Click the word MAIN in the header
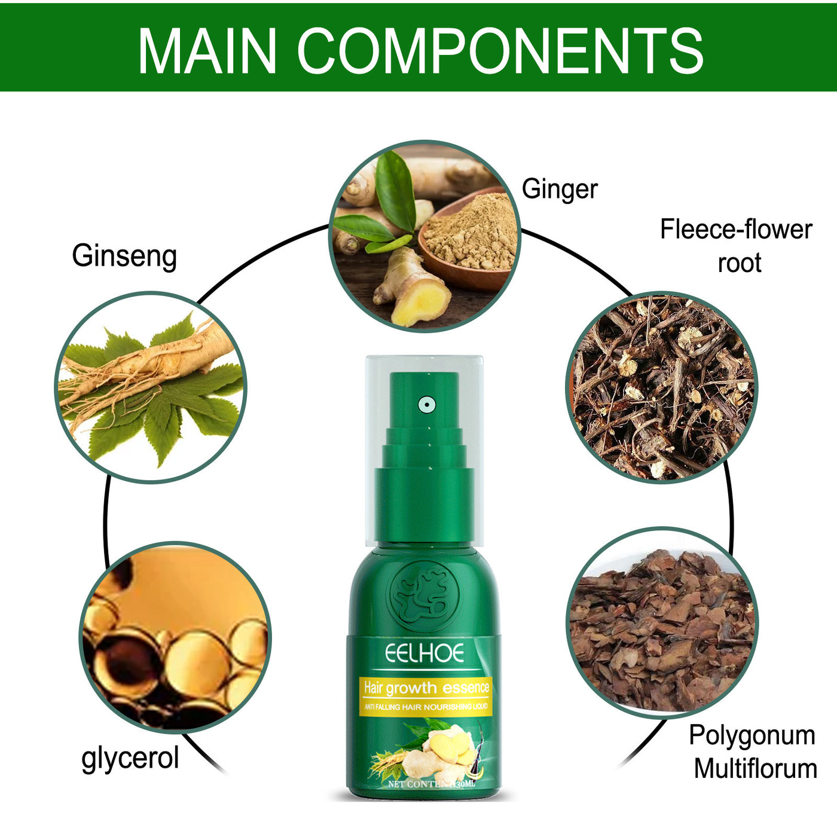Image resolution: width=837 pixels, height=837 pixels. pos(207,51)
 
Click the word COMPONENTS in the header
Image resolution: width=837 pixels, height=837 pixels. pos(500,51)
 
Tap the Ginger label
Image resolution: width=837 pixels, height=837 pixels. pos(560,190)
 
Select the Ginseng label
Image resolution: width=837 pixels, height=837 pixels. pos(124,256)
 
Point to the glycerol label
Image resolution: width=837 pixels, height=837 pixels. pos(130,758)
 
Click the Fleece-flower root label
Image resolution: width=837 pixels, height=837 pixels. pos(737,246)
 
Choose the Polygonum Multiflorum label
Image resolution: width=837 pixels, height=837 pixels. pos(753,752)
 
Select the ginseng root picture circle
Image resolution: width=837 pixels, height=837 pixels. pos(151,387)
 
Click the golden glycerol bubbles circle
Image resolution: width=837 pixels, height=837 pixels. pos(175,637)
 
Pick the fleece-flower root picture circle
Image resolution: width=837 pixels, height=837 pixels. pos(661,387)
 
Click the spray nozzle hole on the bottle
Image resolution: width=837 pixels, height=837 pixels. pos(426,405)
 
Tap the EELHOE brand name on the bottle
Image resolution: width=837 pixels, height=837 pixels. pos(424,653)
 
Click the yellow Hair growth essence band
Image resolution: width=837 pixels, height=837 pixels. pos(426,695)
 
